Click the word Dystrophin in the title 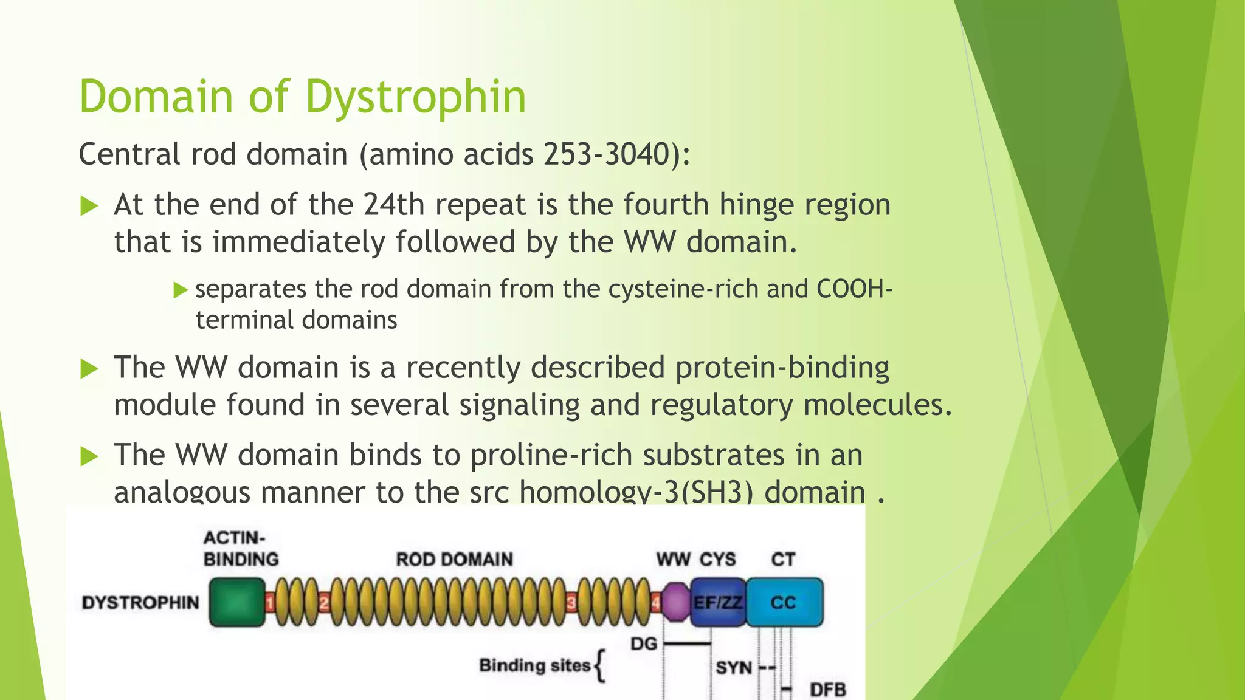click(415, 97)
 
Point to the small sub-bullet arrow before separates click(181, 290)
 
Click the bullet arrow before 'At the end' click(89, 206)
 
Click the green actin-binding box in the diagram click(237, 602)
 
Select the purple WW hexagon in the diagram click(675, 602)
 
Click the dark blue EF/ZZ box click(718, 602)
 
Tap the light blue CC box click(784, 602)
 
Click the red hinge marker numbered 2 click(324, 603)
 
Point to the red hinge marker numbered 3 click(571, 603)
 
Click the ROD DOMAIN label click(454, 559)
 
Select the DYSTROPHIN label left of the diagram click(140, 603)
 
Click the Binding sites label click(535, 665)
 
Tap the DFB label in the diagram click(827, 690)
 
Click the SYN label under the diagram click(734, 668)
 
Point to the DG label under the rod click(644, 643)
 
